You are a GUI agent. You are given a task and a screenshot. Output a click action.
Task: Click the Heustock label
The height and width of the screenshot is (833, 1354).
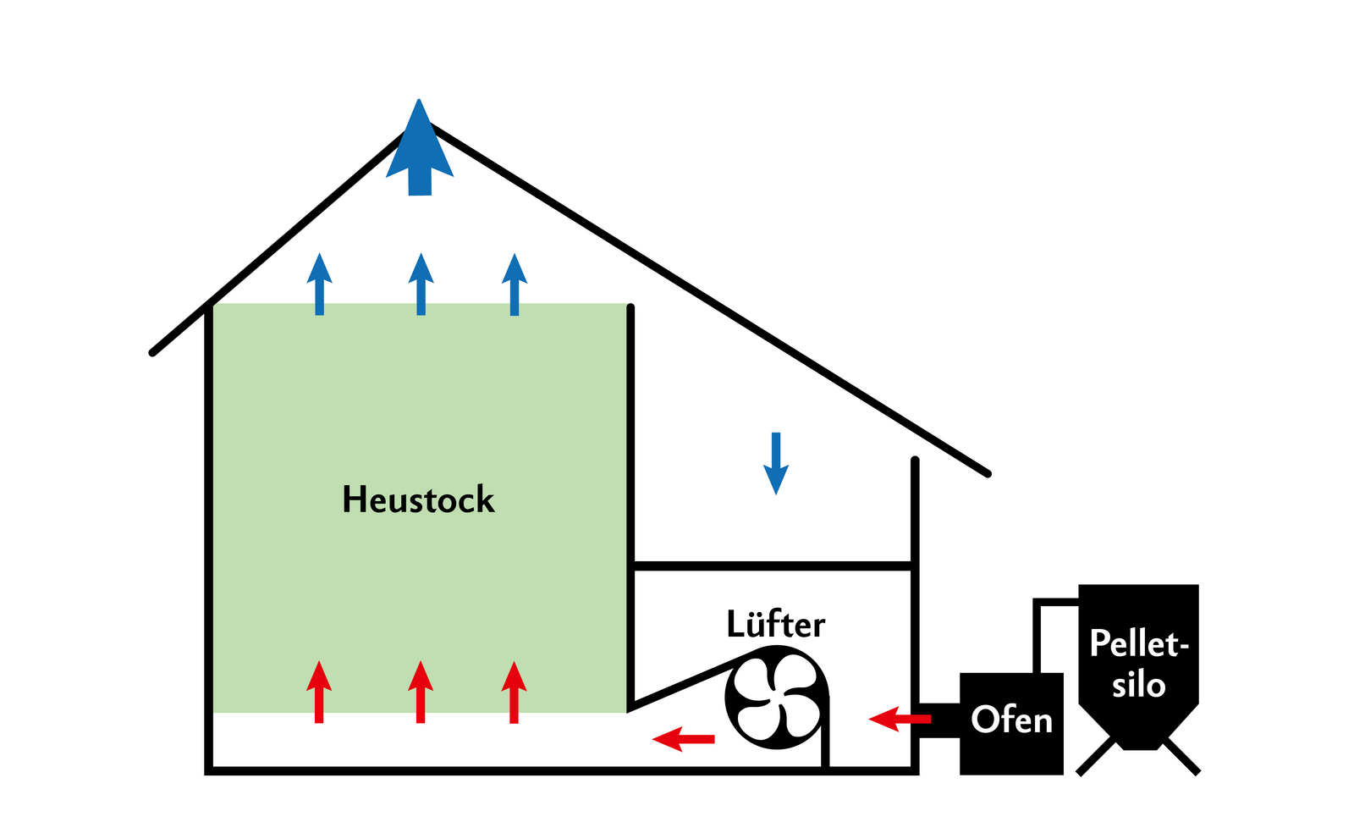418,499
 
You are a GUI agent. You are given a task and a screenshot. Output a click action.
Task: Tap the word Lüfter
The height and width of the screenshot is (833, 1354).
775,625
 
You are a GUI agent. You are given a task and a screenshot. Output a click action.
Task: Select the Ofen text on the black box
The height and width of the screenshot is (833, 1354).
1011,720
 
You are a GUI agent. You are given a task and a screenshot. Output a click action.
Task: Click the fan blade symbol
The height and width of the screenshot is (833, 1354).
777,698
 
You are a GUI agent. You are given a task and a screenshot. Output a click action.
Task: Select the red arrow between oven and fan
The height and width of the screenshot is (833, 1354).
900,720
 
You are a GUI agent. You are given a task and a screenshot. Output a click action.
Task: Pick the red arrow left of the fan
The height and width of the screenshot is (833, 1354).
684,739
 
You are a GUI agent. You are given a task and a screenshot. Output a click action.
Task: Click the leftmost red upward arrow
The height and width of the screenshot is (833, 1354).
319,692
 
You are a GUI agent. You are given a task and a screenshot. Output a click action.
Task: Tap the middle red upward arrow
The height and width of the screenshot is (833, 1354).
421,692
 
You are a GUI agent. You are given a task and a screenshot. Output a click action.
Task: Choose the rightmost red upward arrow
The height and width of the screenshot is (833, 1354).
514,692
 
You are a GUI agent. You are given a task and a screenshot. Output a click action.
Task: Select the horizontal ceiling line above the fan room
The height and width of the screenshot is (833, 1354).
772,565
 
